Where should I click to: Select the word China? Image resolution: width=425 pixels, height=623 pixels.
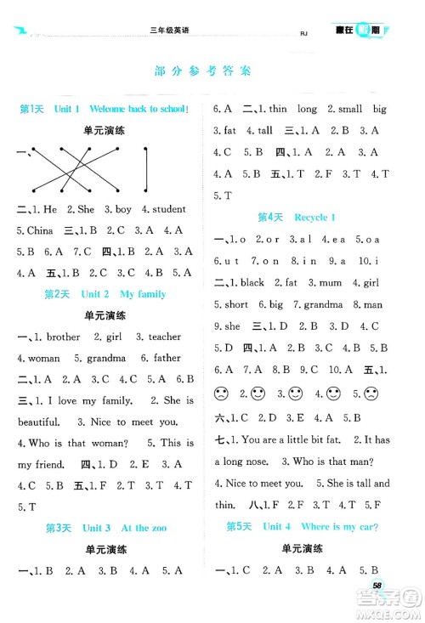(x=35, y=230)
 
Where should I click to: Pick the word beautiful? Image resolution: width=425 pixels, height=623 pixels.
(x=41, y=421)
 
